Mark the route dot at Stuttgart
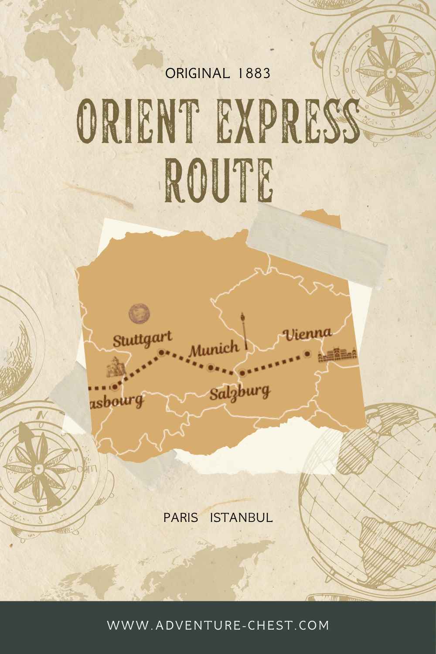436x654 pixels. (x=161, y=352)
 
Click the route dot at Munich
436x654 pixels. (x=211, y=368)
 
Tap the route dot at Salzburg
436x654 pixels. (x=242, y=373)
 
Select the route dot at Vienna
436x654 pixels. (x=307, y=354)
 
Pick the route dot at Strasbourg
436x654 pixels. (x=114, y=387)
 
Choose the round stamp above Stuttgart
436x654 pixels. (x=140, y=313)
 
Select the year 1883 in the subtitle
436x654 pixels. (x=254, y=73)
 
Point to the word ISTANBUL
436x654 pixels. (x=242, y=518)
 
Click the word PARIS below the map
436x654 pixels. (x=181, y=518)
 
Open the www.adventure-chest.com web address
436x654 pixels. (x=218, y=625)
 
